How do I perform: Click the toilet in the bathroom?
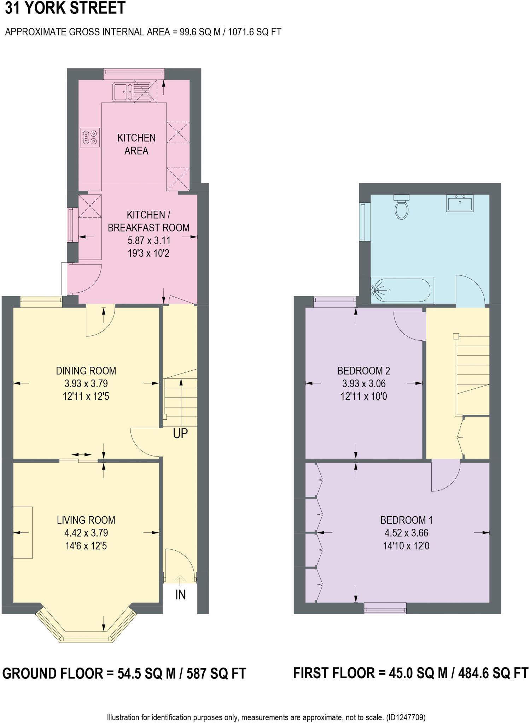402,207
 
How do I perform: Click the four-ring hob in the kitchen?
90,137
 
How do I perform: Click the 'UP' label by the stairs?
180,434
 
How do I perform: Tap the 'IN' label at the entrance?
180,595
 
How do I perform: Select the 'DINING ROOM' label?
86,371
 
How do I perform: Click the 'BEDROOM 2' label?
363,371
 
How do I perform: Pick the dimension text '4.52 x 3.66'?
406,533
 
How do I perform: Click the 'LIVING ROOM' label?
86,520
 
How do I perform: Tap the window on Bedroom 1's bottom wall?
385,608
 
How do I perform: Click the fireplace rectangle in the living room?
23,533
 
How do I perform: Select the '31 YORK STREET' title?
65,8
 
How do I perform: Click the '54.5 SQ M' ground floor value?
146,674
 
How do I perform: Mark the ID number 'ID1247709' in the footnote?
406,717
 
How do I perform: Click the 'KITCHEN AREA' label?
136,144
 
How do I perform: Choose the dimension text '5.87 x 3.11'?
149,241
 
